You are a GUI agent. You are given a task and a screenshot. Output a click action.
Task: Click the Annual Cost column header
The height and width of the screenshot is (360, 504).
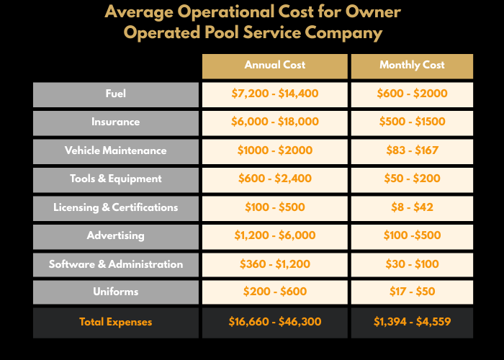pyautogui.click(x=274, y=66)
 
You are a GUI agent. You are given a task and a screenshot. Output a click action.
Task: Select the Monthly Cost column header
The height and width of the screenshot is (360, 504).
pyautogui.click(x=412, y=66)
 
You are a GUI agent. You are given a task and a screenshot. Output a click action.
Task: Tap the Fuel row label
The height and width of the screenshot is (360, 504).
pyautogui.click(x=115, y=94)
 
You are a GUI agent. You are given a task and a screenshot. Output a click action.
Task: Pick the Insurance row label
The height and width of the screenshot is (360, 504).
pyautogui.click(x=115, y=122)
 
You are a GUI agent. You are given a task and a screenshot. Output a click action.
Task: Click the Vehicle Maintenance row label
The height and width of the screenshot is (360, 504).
pyautogui.click(x=115, y=150)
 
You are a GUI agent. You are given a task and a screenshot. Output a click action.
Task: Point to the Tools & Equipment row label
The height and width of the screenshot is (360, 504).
pyautogui.click(x=115, y=179)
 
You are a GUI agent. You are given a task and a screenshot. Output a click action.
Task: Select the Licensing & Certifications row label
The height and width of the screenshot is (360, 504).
pyautogui.click(x=115, y=207)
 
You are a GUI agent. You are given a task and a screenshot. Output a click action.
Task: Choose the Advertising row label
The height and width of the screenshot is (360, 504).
pyautogui.click(x=115, y=236)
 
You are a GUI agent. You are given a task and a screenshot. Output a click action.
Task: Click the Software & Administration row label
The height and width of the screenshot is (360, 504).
pyautogui.click(x=115, y=264)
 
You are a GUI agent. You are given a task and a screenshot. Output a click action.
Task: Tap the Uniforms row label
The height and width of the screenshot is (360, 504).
pyautogui.click(x=115, y=292)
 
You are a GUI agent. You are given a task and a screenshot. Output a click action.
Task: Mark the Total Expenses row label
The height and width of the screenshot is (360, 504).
pyautogui.click(x=115, y=322)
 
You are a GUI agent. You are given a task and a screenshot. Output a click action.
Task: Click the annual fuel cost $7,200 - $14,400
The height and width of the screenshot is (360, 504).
pyautogui.click(x=274, y=94)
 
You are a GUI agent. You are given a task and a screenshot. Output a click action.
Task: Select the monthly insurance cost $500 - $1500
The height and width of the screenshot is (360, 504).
pyautogui.click(x=412, y=122)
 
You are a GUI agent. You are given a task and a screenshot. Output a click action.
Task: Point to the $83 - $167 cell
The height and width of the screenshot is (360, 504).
pyautogui.click(x=412, y=150)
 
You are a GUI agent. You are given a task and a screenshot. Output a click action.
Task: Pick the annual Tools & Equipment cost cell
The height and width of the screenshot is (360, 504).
pyautogui.click(x=274, y=179)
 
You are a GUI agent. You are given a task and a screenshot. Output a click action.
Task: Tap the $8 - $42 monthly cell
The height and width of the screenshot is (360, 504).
pyautogui.click(x=412, y=207)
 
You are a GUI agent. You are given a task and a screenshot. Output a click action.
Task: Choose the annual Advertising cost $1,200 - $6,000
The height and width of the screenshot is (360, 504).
pyautogui.click(x=274, y=236)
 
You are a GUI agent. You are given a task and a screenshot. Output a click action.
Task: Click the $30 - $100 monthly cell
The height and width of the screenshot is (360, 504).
pyautogui.click(x=412, y=264)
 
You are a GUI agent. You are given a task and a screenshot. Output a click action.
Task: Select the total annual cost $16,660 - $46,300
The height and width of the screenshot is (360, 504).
pyautogui.click(x=274, y=322)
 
